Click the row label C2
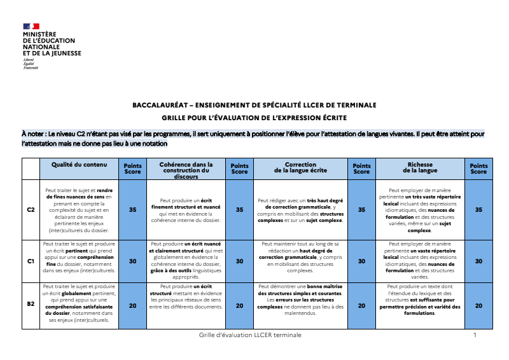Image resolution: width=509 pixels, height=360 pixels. point(31,209)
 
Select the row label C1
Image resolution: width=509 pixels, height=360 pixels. point(31,261)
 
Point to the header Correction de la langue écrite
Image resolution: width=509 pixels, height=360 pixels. point(300,167)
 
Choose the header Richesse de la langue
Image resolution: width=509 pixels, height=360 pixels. point(420,167)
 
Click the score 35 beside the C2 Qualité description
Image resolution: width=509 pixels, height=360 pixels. point(133,209)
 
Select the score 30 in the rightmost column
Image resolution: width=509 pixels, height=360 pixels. point(478,261)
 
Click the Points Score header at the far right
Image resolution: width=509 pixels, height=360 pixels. point(478,169)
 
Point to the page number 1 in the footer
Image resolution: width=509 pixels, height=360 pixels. point(475,335)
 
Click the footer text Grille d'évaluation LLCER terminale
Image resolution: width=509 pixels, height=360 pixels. point(250,335)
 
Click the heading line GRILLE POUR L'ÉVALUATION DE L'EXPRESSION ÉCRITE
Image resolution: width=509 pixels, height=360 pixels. point(254,118)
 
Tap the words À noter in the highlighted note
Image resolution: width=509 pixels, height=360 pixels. point(32,134)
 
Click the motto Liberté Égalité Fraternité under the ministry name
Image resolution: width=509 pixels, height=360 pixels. point(30,64)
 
